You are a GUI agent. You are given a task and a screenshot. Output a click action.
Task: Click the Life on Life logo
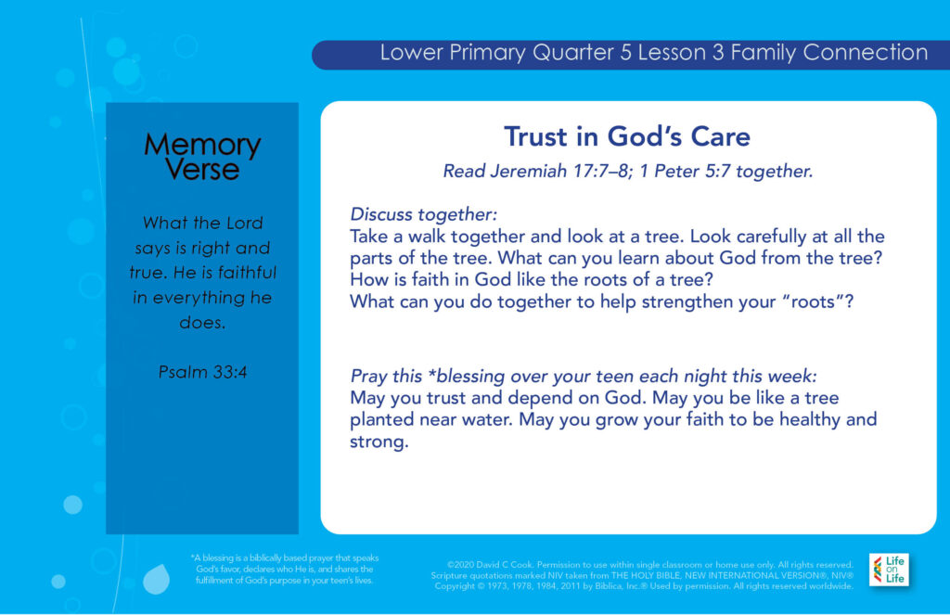pos(888,570)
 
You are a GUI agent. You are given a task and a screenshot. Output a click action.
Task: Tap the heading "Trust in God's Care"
pos(627,136)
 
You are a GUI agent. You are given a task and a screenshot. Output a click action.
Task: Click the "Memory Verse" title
pos(202,157)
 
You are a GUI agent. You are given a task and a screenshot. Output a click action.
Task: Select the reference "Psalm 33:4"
pos(202,371)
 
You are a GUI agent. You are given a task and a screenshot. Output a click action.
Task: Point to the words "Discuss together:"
pos(423,214)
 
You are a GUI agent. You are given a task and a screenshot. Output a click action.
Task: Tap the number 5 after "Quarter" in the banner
pos(626,53)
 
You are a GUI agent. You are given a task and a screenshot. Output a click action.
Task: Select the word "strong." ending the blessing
pos(379,442)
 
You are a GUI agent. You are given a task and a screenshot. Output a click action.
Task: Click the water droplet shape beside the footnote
pos(156,578)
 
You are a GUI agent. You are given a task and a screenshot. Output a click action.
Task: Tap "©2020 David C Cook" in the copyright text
pos(490,565)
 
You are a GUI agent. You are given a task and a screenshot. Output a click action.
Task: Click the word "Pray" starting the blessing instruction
pos(366,377)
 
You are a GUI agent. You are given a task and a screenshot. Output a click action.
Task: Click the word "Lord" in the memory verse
pos(244,223)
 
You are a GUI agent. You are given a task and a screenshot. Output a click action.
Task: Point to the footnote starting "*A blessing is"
pos(284,569)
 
